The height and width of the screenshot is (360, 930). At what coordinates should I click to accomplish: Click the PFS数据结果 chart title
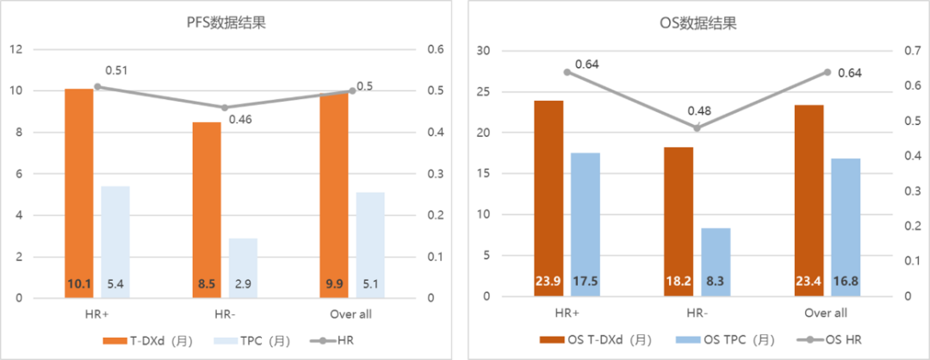pos(226,23)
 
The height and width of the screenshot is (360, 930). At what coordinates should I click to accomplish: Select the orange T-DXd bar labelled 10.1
pos(78,193)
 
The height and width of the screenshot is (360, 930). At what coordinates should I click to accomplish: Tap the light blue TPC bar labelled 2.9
pos(243,268)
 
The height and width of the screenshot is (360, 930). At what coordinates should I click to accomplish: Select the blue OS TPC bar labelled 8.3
pos(715,262)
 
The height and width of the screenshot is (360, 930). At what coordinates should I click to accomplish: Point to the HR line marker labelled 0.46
pos(225,108)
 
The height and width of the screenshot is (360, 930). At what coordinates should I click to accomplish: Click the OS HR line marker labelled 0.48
pos(697,127)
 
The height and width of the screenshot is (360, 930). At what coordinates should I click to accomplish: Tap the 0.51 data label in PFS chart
pos(116,70)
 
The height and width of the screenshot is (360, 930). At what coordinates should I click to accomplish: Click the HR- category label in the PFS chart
pos(225,313)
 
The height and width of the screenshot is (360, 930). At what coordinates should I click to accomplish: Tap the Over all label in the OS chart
pos(826,313)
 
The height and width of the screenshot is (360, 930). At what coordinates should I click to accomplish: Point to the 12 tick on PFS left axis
pos(15,50)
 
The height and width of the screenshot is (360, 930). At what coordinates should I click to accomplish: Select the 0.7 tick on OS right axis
pos(905,52)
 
